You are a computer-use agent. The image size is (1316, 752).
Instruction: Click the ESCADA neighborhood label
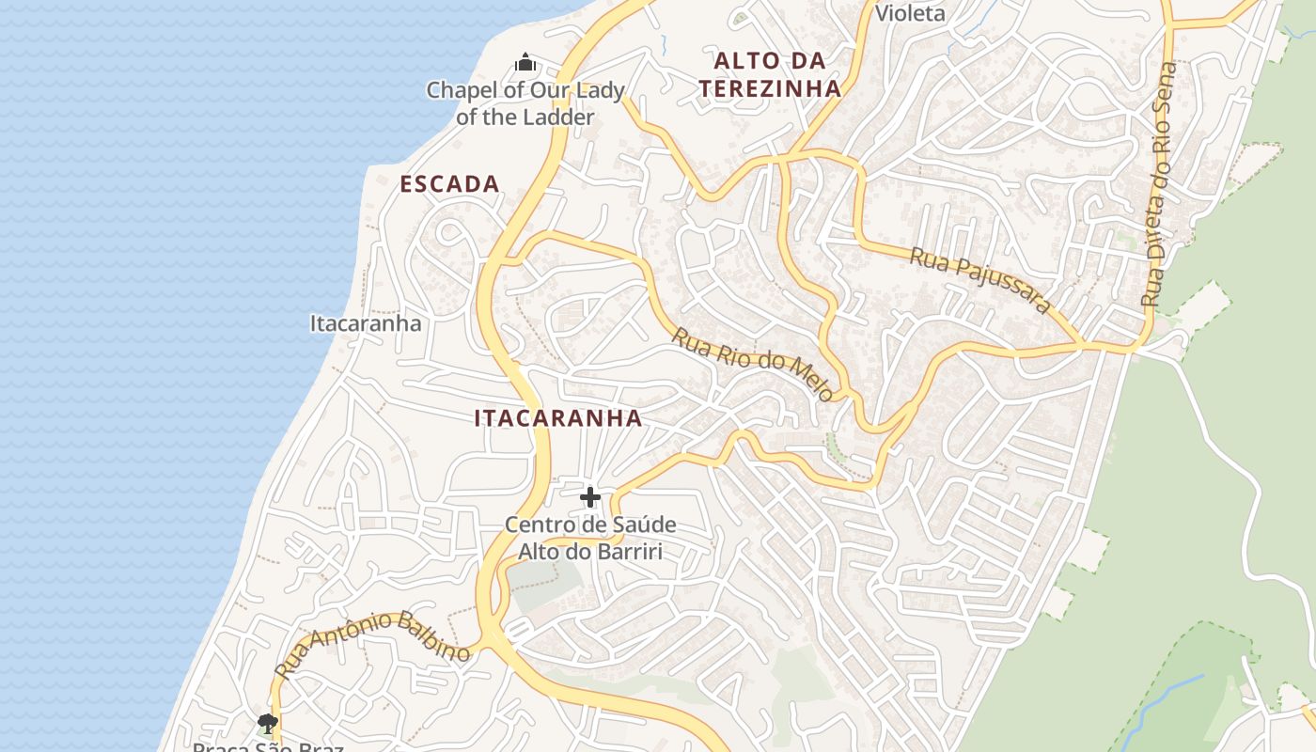pos(449,184)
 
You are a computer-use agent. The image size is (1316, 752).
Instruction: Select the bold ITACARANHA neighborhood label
pos(558,418)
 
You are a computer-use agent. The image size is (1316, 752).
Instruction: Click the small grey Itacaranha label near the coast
pos(366,323)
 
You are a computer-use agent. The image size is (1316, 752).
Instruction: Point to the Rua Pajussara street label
pos(979,280)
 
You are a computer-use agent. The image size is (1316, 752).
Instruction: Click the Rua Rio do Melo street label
pos(752,365)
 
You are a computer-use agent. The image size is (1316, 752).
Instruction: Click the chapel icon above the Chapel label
pos(525,63)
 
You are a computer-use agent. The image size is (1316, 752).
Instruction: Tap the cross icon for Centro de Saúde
pos(590,496)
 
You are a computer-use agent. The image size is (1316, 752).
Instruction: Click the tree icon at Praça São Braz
pos(268,723)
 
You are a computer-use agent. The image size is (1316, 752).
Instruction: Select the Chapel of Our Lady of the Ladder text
pos(525,103)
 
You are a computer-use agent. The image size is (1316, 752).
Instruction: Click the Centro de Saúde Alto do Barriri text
pos(590,538)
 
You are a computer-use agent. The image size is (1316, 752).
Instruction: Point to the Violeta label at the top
pos(910,13)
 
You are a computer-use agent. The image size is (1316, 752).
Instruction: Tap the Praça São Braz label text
pos(268,748)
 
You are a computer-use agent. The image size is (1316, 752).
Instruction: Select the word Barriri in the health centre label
pos(628,551)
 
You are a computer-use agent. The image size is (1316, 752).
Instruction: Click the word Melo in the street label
pos(810,379)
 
